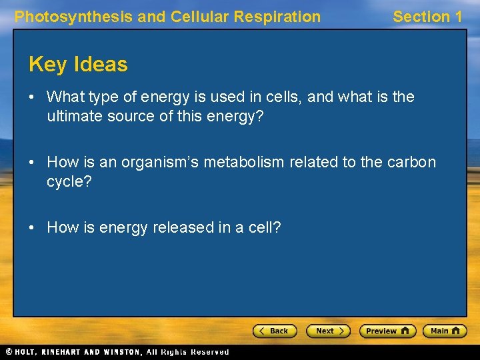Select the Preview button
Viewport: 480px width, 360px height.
tap(387, 331)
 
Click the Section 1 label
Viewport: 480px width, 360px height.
tap(427, 17)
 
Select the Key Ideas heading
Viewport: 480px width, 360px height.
tap(78, 64)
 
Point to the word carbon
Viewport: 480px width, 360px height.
tap(412, 162)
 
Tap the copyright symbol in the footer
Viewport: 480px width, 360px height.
tap(9, 351)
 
